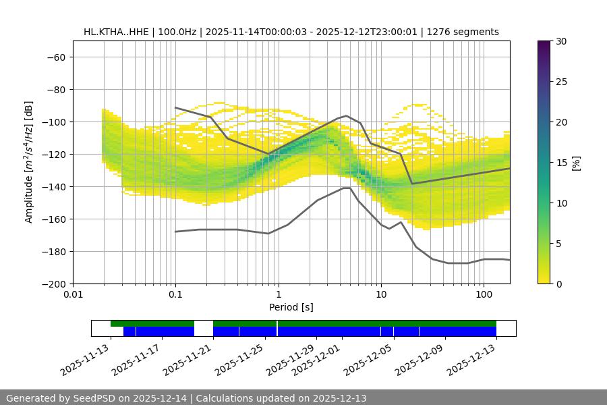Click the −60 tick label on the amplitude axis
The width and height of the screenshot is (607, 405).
coord(55,57)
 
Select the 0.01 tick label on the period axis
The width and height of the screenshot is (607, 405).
coord(73,295)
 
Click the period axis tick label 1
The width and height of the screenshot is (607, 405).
coord(278,295)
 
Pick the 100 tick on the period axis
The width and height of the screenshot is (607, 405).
coord(483,295)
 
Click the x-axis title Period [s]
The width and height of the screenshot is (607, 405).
coord(291,307)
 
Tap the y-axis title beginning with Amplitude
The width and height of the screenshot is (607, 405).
coord(29,162)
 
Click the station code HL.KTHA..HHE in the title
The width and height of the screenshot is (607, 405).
coord(116,32)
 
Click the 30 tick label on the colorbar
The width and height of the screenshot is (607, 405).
coord(560,41)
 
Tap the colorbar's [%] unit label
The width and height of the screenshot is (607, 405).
coord(576,163)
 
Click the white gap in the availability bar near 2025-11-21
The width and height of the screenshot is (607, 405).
coord(204,328)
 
